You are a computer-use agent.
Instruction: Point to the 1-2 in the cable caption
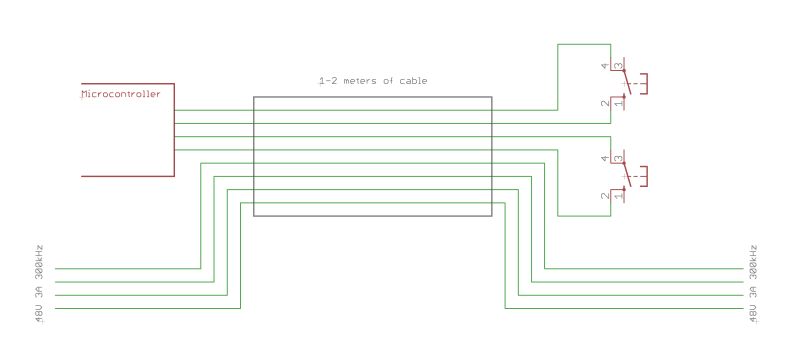point(324,80)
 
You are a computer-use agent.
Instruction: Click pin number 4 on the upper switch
point(604,67)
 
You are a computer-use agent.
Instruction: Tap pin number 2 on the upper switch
point(604,102)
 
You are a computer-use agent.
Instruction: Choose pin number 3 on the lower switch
point(619,160)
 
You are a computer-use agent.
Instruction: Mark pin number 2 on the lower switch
point(604,195)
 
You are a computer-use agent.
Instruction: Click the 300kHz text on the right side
point(752,259)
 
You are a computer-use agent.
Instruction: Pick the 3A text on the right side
point(752,292)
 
